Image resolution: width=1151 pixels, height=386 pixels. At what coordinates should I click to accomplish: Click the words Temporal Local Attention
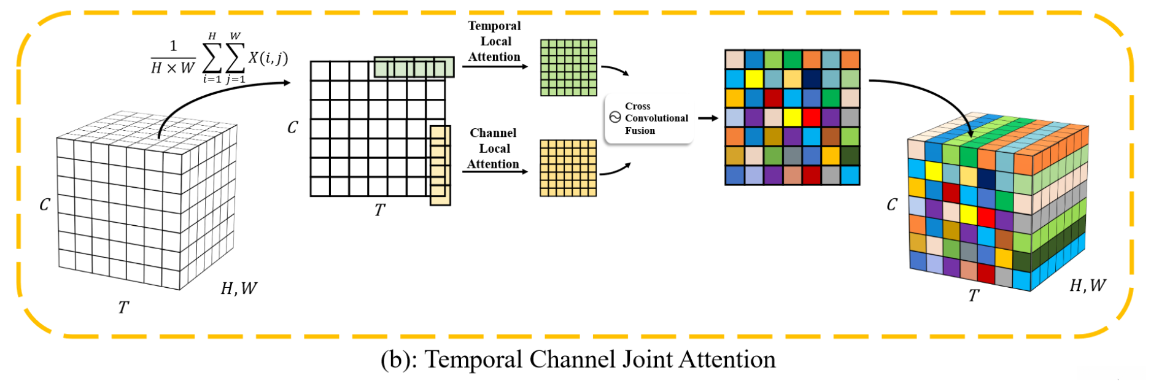pos(494,41)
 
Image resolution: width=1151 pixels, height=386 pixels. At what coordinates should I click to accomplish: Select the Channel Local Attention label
pos(494,149)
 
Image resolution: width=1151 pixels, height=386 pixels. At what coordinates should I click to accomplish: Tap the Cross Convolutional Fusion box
pos(649,118)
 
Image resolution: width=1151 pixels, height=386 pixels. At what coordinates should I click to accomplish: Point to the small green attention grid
pos(568,68)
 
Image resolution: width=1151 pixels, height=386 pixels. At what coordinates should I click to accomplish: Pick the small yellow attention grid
pos(568,168)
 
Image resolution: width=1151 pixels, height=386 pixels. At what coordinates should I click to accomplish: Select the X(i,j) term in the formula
pos(268,58)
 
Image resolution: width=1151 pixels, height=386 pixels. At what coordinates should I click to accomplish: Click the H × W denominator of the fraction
pos(172,68)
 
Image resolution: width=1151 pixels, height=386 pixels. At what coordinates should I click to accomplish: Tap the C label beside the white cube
pos(45,204)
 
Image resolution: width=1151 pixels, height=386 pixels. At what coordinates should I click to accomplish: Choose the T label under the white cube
pos(123,307)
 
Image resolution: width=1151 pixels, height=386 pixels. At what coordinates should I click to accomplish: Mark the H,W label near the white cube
pos(239,288)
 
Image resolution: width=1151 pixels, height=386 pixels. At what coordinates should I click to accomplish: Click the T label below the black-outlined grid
pos(380,210)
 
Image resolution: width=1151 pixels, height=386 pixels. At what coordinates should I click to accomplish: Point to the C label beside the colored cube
pos(892,204)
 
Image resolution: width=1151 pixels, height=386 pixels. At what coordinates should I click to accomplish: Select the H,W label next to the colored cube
pos(1088,285)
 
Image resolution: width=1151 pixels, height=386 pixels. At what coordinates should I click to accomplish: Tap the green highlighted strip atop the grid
pos(414,67)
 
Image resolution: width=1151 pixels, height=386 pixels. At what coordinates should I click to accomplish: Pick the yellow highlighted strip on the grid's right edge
pos(440,165)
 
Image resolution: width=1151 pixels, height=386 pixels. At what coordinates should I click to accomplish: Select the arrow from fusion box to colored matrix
pos(708,118)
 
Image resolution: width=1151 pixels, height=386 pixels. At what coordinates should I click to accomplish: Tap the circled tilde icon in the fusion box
pos(615,117)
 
